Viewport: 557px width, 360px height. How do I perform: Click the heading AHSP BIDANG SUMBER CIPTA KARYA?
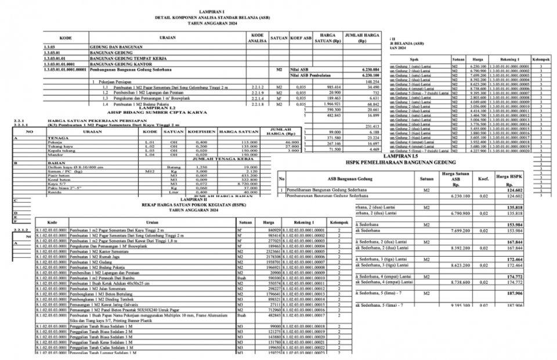pyautogui.click(x=157, y=112)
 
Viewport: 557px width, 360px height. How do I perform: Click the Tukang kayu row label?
pyautogui.click(x=58, y=146)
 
